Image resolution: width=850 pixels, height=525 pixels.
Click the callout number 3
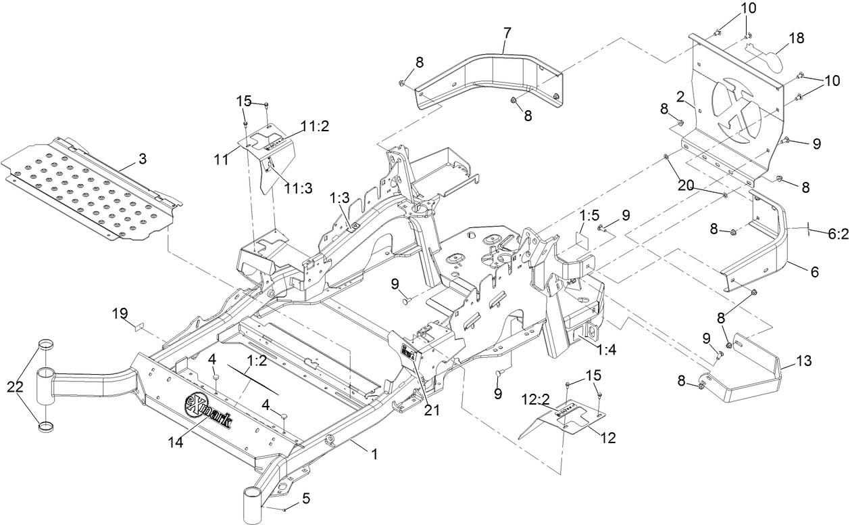tap(143, 159)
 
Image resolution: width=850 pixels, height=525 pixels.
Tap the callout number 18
tap(797, 38)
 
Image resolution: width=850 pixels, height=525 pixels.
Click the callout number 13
tap(803, 361)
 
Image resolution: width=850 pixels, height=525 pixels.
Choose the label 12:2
tap(535, 399)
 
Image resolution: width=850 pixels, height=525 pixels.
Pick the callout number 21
tap(432, 410)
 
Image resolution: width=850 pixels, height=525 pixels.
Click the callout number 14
tap(175, 442)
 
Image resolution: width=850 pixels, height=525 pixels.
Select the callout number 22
tap(15, 387)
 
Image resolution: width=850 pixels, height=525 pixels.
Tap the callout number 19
tap(120, 314)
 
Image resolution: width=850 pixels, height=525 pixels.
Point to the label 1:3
tap(339, 198)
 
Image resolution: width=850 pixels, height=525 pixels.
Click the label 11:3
tap(299, 188)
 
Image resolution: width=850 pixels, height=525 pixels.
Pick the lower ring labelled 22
tap(46, 427)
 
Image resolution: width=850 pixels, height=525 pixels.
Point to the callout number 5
tap(306, 499)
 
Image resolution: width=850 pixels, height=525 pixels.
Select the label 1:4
tap(606, 350)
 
